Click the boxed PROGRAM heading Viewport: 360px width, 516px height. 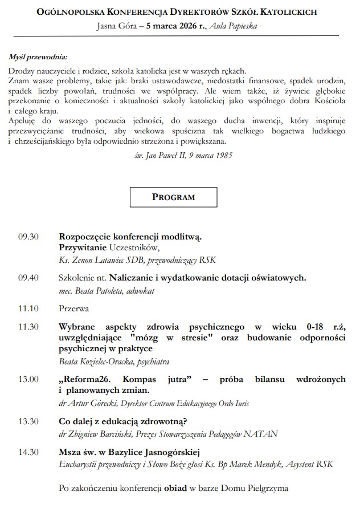pos(173,197)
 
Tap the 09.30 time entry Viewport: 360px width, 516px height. pos(28,236)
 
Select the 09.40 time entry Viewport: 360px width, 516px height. pos(28,278)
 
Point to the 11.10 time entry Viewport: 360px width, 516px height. pos(28,308)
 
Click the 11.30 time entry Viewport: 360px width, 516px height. pos(28,327)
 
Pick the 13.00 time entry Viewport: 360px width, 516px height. pos(28,379)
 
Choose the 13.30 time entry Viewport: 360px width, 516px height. pos(28,421)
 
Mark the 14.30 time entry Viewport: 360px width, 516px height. pos(28,452)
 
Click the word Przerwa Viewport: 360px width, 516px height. pos(73,308)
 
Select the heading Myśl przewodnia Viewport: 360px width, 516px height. pos(38,57)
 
